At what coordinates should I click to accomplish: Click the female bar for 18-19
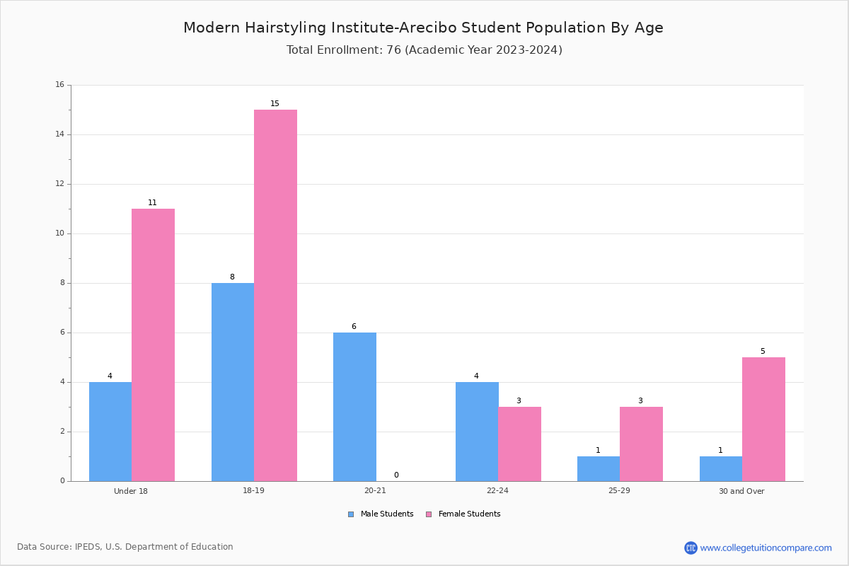(x=275, y=295)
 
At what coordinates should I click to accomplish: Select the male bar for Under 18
(x=110, y=432)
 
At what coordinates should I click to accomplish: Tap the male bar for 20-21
(x=354, y=407)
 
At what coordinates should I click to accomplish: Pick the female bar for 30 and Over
(x=763, y=420)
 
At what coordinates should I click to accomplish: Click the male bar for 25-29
(x=599, y=469)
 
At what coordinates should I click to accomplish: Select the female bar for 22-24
(x=519, y=444)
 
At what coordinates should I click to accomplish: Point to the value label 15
(x=275, y=103)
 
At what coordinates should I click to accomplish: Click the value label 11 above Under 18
(x=152, y=202)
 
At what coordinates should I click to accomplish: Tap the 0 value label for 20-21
(x=396, y=475)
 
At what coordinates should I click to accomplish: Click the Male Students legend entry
(x=381, y=514)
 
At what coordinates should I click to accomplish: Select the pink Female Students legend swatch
(x=429, y=514)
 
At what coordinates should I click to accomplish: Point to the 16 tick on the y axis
(x=60, y=84)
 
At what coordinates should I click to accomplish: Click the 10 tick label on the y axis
(x=60, y=233)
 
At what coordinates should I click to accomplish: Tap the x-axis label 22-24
(x=497, y=490)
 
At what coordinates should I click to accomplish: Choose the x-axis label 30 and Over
(x=741, y=491)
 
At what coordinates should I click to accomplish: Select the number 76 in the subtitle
(x=393, y=50)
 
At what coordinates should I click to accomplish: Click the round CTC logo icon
(x=691, y=548)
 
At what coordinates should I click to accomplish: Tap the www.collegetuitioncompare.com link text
(x=766, y=548)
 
